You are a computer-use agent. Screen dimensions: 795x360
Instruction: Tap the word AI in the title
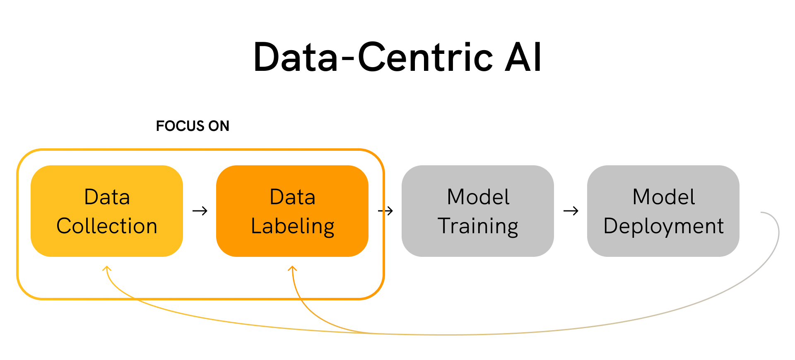pos(523,57)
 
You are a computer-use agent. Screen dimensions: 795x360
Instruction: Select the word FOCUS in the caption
pos(180,126)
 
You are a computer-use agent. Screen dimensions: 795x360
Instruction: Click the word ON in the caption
pos(219,126)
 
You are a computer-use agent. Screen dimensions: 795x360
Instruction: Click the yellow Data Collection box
pos(107,211)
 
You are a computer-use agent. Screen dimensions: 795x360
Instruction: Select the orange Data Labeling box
pos(292,211)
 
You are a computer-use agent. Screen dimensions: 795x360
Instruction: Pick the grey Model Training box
pos(478,211)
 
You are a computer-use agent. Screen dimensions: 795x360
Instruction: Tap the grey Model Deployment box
pos(663,211)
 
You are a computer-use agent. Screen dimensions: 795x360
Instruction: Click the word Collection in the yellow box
pos(107,226)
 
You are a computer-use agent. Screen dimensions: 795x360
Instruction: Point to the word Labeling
pos(293,227)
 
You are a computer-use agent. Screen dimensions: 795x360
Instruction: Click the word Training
pos(478,227)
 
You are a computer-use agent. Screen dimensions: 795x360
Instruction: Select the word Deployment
pos(664,227)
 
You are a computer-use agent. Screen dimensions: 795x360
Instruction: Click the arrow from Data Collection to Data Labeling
pos(200,211)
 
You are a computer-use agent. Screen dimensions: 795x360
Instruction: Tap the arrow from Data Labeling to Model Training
pos(385,211)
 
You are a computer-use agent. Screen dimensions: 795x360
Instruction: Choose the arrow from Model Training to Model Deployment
pos(571,211)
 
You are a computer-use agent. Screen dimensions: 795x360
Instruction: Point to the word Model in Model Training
pos(478,197)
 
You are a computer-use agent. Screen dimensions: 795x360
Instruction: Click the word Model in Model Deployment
pos(664,197)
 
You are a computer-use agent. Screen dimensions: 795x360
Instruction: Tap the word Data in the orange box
pos(293,197)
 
